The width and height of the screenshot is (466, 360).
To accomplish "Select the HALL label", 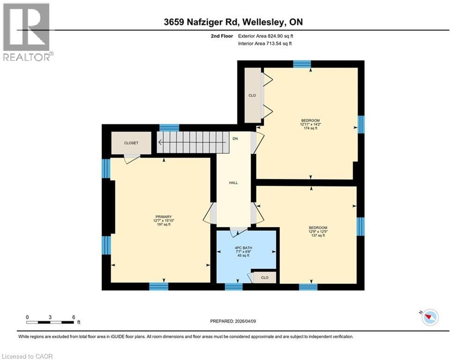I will [233, 183].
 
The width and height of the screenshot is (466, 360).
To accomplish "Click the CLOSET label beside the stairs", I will [131, 143].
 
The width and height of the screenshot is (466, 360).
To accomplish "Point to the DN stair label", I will [236, 139].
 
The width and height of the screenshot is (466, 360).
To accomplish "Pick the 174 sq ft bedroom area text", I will [310, 128].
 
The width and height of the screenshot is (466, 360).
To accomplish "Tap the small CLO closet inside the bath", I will [265, 277].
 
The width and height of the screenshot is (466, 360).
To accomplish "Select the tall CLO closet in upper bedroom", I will [252, 96].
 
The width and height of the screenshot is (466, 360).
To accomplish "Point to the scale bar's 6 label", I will [74, 317].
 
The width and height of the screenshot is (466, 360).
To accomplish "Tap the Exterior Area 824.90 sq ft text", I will [266, 36].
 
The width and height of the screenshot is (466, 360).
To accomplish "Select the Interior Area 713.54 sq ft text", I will [265, 44].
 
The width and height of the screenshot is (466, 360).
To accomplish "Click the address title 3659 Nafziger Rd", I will [233, 22].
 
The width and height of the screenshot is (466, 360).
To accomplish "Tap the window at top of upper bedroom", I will [302, 64].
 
